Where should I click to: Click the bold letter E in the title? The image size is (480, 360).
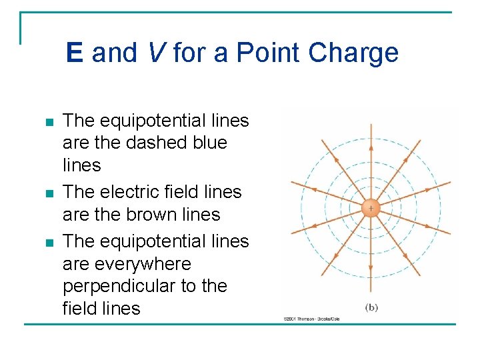pos(74,53)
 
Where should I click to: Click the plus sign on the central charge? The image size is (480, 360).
pos(371,209)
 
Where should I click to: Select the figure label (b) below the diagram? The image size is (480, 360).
pos(371,307)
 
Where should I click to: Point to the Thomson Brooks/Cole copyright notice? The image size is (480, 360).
pos(311,319)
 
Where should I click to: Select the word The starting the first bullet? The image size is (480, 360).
pos(79,121)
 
